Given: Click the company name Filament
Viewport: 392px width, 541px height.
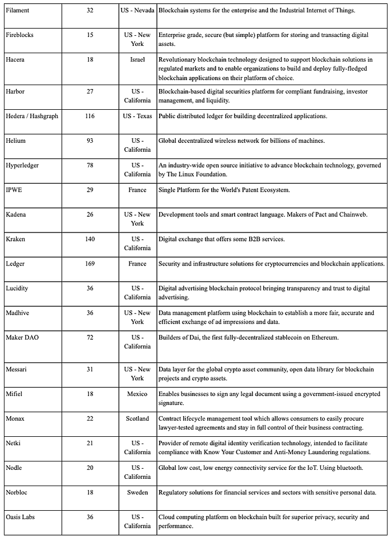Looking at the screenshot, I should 17,10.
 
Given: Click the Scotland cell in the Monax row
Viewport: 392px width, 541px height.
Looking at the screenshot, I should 137,418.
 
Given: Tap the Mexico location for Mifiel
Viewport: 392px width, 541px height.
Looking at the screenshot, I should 137,394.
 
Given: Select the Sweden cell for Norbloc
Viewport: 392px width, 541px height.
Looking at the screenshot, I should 137,492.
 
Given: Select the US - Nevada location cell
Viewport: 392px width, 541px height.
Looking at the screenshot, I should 137,10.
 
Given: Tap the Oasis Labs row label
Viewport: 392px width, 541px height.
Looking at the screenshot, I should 20,517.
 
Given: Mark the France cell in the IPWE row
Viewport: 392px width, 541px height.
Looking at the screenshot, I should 137,189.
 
